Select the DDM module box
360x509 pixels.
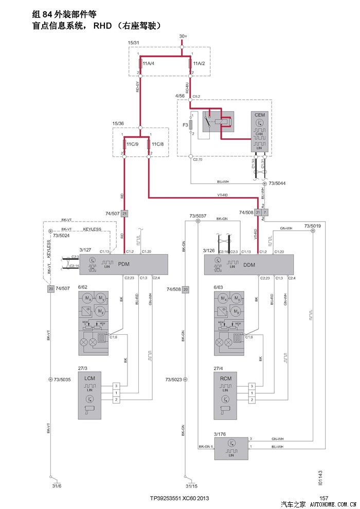tap(249, 264)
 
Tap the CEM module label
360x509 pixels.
tap(259, 115)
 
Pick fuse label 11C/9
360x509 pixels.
tap(133, 144)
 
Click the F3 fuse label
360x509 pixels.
tap(186, 123)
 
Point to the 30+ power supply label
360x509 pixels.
tap(184, 37)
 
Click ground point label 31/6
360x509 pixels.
tap(57, 485)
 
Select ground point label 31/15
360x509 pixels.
tap(192, 485)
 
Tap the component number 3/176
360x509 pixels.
tap(221, 434)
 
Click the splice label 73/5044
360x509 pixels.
tap(278, 183)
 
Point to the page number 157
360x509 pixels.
tap(324, 498)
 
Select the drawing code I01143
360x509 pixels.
tap(320, 478)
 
